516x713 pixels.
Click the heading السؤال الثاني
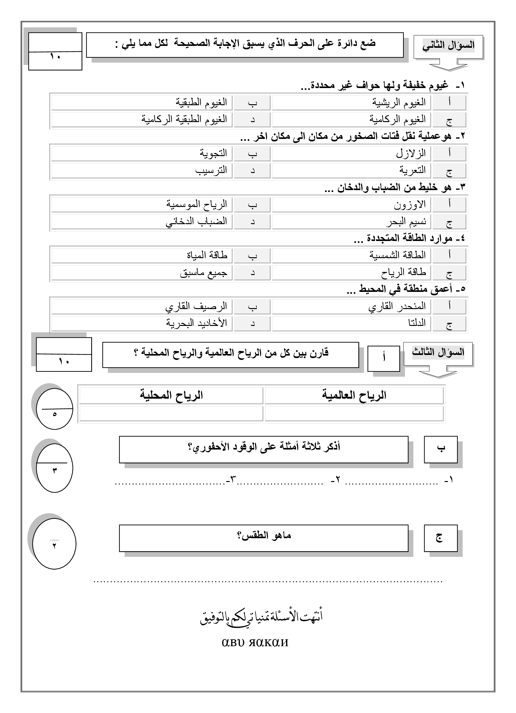(x=448, y=46)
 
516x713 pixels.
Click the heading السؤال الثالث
(x=438, y=352)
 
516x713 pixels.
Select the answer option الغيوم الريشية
(x=399, y=102)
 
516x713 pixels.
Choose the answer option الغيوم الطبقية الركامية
(x=184, y=120)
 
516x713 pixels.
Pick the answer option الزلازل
(x=411, y=153)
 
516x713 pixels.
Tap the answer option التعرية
(x=412, y=170)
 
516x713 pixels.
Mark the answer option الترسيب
(x=211, y=170)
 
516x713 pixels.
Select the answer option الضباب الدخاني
(x=196, y=221)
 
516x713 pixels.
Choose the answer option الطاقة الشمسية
(x=397, y=255)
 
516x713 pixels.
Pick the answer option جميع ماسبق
(x=203, y=273)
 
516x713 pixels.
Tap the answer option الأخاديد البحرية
(x=197, y=323)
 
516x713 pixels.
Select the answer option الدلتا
(x=417, y=323)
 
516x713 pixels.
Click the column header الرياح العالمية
(x=354, y=395)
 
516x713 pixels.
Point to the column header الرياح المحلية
(x=171, y=395)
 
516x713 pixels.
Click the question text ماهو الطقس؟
(x=264, y=535)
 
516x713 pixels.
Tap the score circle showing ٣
(x=55, y=468)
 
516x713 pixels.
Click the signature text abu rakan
(x=255, y=642)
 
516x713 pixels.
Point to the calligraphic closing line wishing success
(x=261, y=617)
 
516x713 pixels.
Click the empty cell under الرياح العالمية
(x=354, y=413)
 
